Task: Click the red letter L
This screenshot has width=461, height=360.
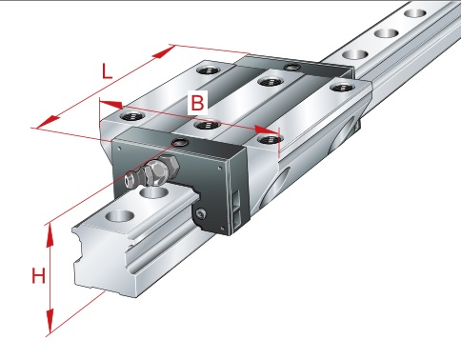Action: point(107,71)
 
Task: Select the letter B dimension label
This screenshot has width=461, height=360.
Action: point(197,103)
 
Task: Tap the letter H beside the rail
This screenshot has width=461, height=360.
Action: point(38,275)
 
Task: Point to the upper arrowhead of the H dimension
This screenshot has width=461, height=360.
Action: point(50,235)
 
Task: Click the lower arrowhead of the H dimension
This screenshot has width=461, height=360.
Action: point(50,321)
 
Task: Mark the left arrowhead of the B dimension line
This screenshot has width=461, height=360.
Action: point(110,104)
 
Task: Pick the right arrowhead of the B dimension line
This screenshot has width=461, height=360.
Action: point(268,130)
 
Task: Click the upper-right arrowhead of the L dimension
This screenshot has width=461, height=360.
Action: point(164,52)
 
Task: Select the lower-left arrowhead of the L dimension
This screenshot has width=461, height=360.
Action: point(48,122)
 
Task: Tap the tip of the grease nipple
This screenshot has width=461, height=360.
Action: point(129,180)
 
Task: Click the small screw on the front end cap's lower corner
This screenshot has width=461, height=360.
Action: point(201,214)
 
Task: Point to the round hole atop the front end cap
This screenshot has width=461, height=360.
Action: point(181,142)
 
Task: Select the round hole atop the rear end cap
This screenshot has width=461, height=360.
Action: point(291,67)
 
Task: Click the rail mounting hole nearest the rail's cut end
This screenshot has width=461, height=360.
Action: point(120,216)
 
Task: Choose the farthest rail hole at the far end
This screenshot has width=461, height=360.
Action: point(415,13)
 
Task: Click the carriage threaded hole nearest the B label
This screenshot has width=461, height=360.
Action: point(207,125)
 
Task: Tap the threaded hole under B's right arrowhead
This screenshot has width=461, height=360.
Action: point(270,139)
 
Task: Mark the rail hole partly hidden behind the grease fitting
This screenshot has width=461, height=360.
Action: point(154,192)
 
